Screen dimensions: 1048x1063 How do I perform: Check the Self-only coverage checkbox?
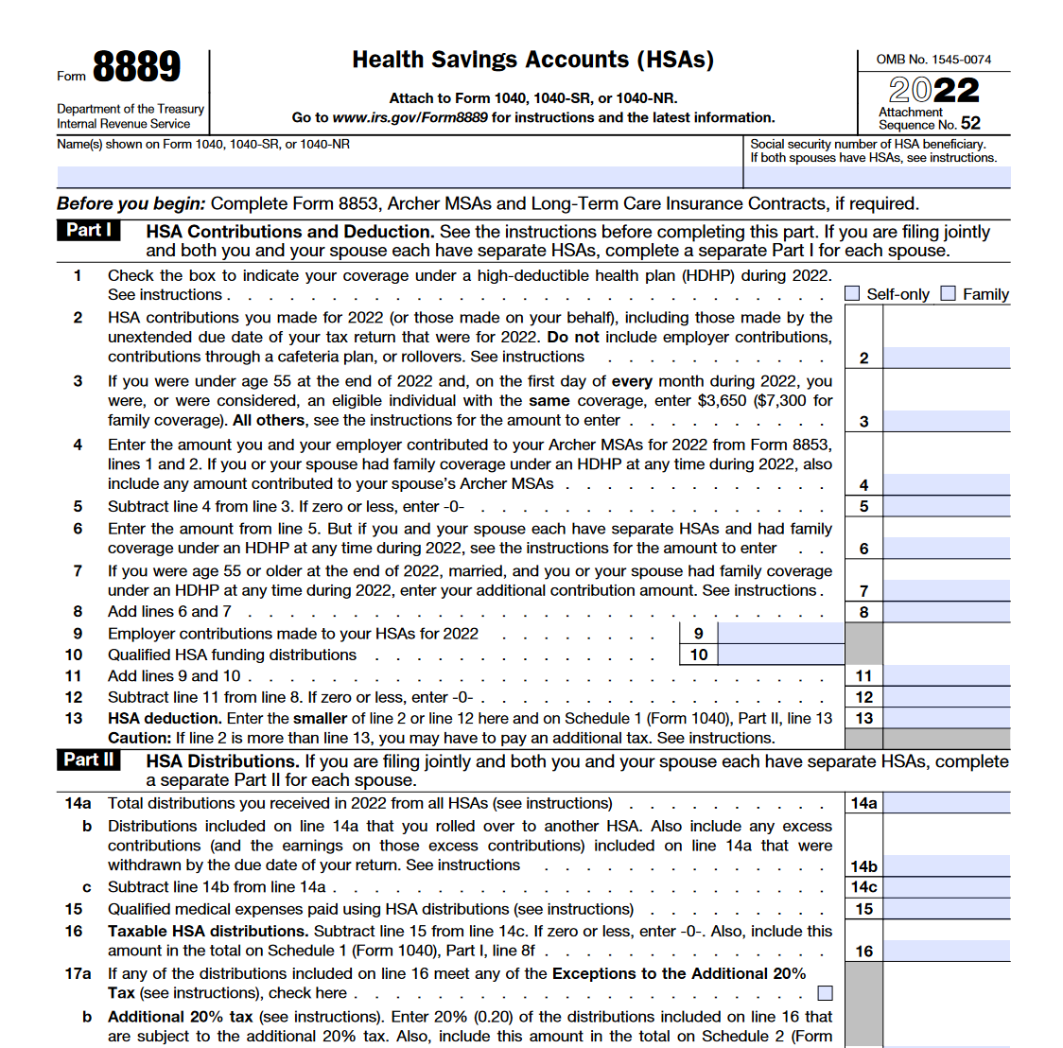pos(852,294)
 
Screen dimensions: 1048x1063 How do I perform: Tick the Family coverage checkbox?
pos(949,294)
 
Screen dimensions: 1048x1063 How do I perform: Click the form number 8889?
pos(136,67)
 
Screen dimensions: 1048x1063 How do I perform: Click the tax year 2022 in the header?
pos(933,91)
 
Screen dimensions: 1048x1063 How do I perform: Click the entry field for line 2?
pos(946,358)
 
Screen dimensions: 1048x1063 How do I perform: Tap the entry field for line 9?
pos(780,633)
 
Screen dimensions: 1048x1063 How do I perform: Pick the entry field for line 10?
pos(780,655)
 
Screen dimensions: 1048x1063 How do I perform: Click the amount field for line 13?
pos(946,718)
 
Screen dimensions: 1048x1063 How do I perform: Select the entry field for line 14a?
pos(946,803)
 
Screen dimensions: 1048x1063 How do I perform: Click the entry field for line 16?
pos(946,951)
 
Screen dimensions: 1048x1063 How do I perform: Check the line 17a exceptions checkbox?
pos(826,993)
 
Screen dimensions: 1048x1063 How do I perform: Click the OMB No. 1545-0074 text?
pos(933,60)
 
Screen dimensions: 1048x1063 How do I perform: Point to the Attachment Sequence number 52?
pos(970,123)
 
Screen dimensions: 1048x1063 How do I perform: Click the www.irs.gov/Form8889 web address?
pos(410,117)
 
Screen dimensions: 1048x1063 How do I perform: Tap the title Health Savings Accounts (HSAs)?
pos(532,60)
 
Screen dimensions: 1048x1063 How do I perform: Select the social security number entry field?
pos(877,177)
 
